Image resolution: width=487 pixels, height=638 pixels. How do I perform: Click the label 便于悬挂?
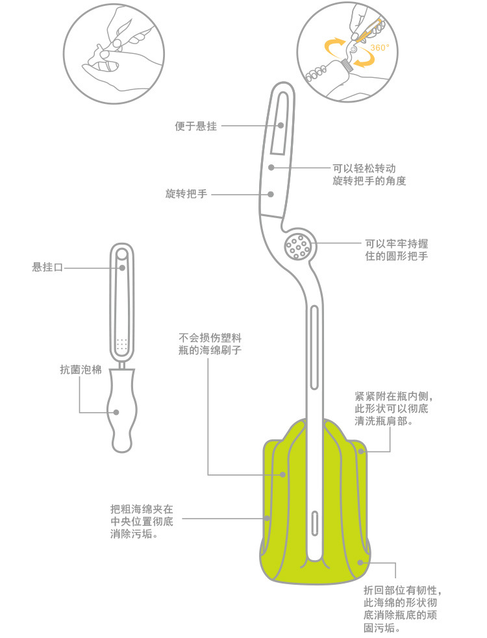pyautogui.click(x=196, y=126)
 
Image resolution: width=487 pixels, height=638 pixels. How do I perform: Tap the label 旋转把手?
pyautogui.click(x=186, y=193)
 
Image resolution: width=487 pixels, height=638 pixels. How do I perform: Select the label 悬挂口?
pyautogui.click(x=47, y=267)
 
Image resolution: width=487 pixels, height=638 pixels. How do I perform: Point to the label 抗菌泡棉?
pyautogui.click(x=81, y=369)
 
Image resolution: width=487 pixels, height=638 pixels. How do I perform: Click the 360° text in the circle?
pyautogui.click(x=379, y=48)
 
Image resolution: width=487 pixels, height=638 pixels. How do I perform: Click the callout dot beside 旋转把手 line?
pyautogui.click(x=271, y=195)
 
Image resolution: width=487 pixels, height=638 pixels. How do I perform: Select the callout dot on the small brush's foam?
pyautogui.click(x=116, y=412)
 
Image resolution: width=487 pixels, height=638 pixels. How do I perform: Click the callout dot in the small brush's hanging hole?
pyautogui.click(x=122, y=268)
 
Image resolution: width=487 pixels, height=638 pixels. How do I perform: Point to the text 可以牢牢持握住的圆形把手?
pyautogui.click(x=396, y=250)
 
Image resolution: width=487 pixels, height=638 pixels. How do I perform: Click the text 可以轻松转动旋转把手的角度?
pyautogui.click(x=369, y=175)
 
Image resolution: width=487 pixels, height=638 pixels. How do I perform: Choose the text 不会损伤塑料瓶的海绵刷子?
pyautogui.click(x=210, y=344)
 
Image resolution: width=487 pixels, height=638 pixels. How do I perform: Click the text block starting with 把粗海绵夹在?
pyautogui.click(x=142, y=521)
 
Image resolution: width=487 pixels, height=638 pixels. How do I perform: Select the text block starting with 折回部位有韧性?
pyautogui.click(x=403, y=609)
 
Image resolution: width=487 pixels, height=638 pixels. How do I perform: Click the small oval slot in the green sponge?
pyautogui.click(x=315, y=523)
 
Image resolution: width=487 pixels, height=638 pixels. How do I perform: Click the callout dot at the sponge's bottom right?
pyautogui.click(x=360, y=563)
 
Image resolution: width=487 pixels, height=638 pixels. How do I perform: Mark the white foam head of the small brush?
pyautogui.click(x=122, y=410)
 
